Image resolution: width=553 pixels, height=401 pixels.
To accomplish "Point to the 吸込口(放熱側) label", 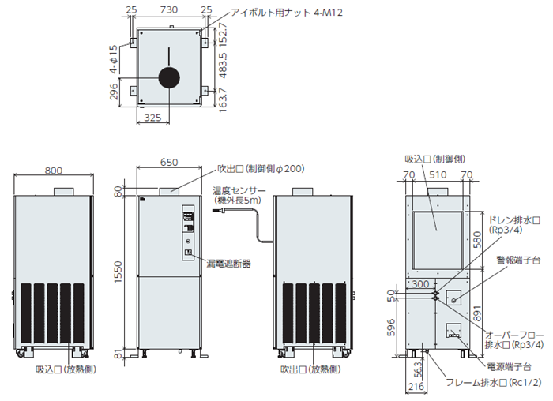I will click(66, 369).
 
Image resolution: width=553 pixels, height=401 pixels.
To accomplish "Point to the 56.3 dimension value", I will click(419, 369).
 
